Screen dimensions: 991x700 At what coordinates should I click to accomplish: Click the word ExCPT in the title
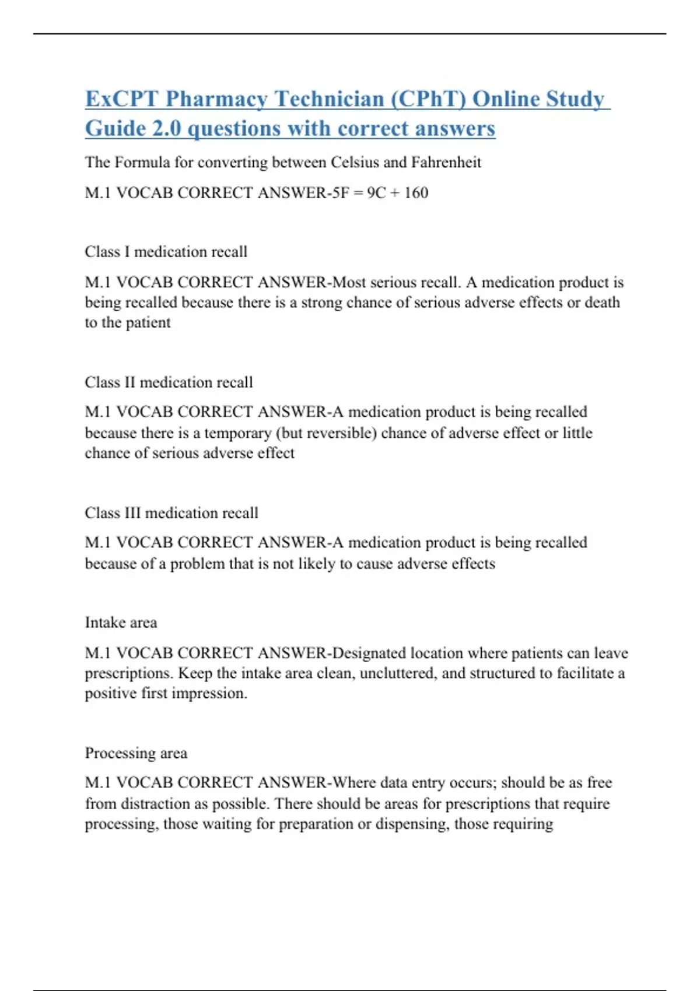121,99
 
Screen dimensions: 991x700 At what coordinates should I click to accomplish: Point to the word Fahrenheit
446,162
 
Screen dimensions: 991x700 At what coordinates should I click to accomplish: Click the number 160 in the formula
416,192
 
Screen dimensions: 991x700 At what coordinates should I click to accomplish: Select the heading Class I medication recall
166,252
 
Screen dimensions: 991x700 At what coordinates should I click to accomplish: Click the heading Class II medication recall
169,382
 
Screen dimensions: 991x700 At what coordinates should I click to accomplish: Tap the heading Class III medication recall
171,513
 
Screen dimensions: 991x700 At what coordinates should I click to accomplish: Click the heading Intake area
121,623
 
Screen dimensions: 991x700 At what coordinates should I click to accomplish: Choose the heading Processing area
136,753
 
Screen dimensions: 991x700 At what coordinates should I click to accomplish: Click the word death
603,303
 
